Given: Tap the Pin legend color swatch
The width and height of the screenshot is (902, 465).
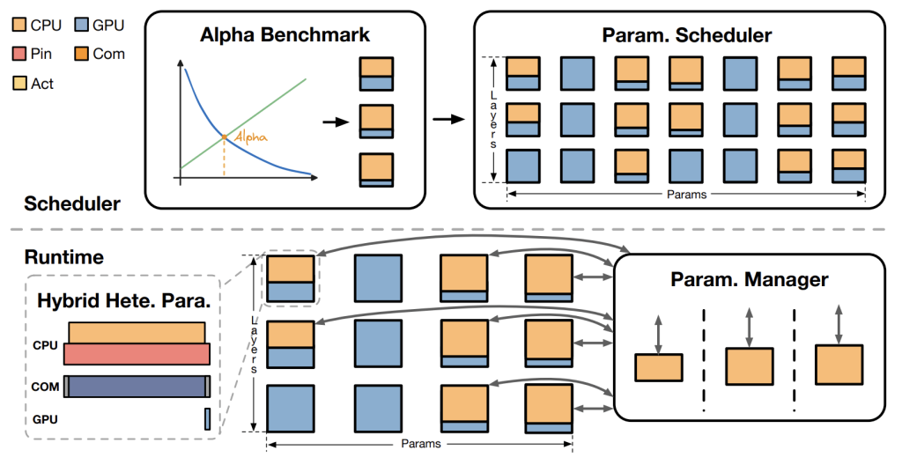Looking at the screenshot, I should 18,54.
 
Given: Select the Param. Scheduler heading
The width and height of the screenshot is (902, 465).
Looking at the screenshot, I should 686,35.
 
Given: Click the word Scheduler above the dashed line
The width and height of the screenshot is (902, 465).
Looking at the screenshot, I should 72,203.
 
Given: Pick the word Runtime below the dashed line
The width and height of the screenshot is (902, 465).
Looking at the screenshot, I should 63,257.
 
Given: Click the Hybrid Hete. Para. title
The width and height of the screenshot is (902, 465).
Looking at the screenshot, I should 123,299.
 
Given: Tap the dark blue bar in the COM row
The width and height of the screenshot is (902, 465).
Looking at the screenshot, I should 137,386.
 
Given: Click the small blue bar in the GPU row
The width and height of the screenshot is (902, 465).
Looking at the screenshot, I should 207,419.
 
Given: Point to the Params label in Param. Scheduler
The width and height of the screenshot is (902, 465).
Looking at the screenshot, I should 686,195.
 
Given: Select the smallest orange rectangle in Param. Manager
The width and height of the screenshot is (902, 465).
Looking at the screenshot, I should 658,367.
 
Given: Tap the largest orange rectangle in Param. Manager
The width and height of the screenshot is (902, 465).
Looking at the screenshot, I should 839,364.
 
